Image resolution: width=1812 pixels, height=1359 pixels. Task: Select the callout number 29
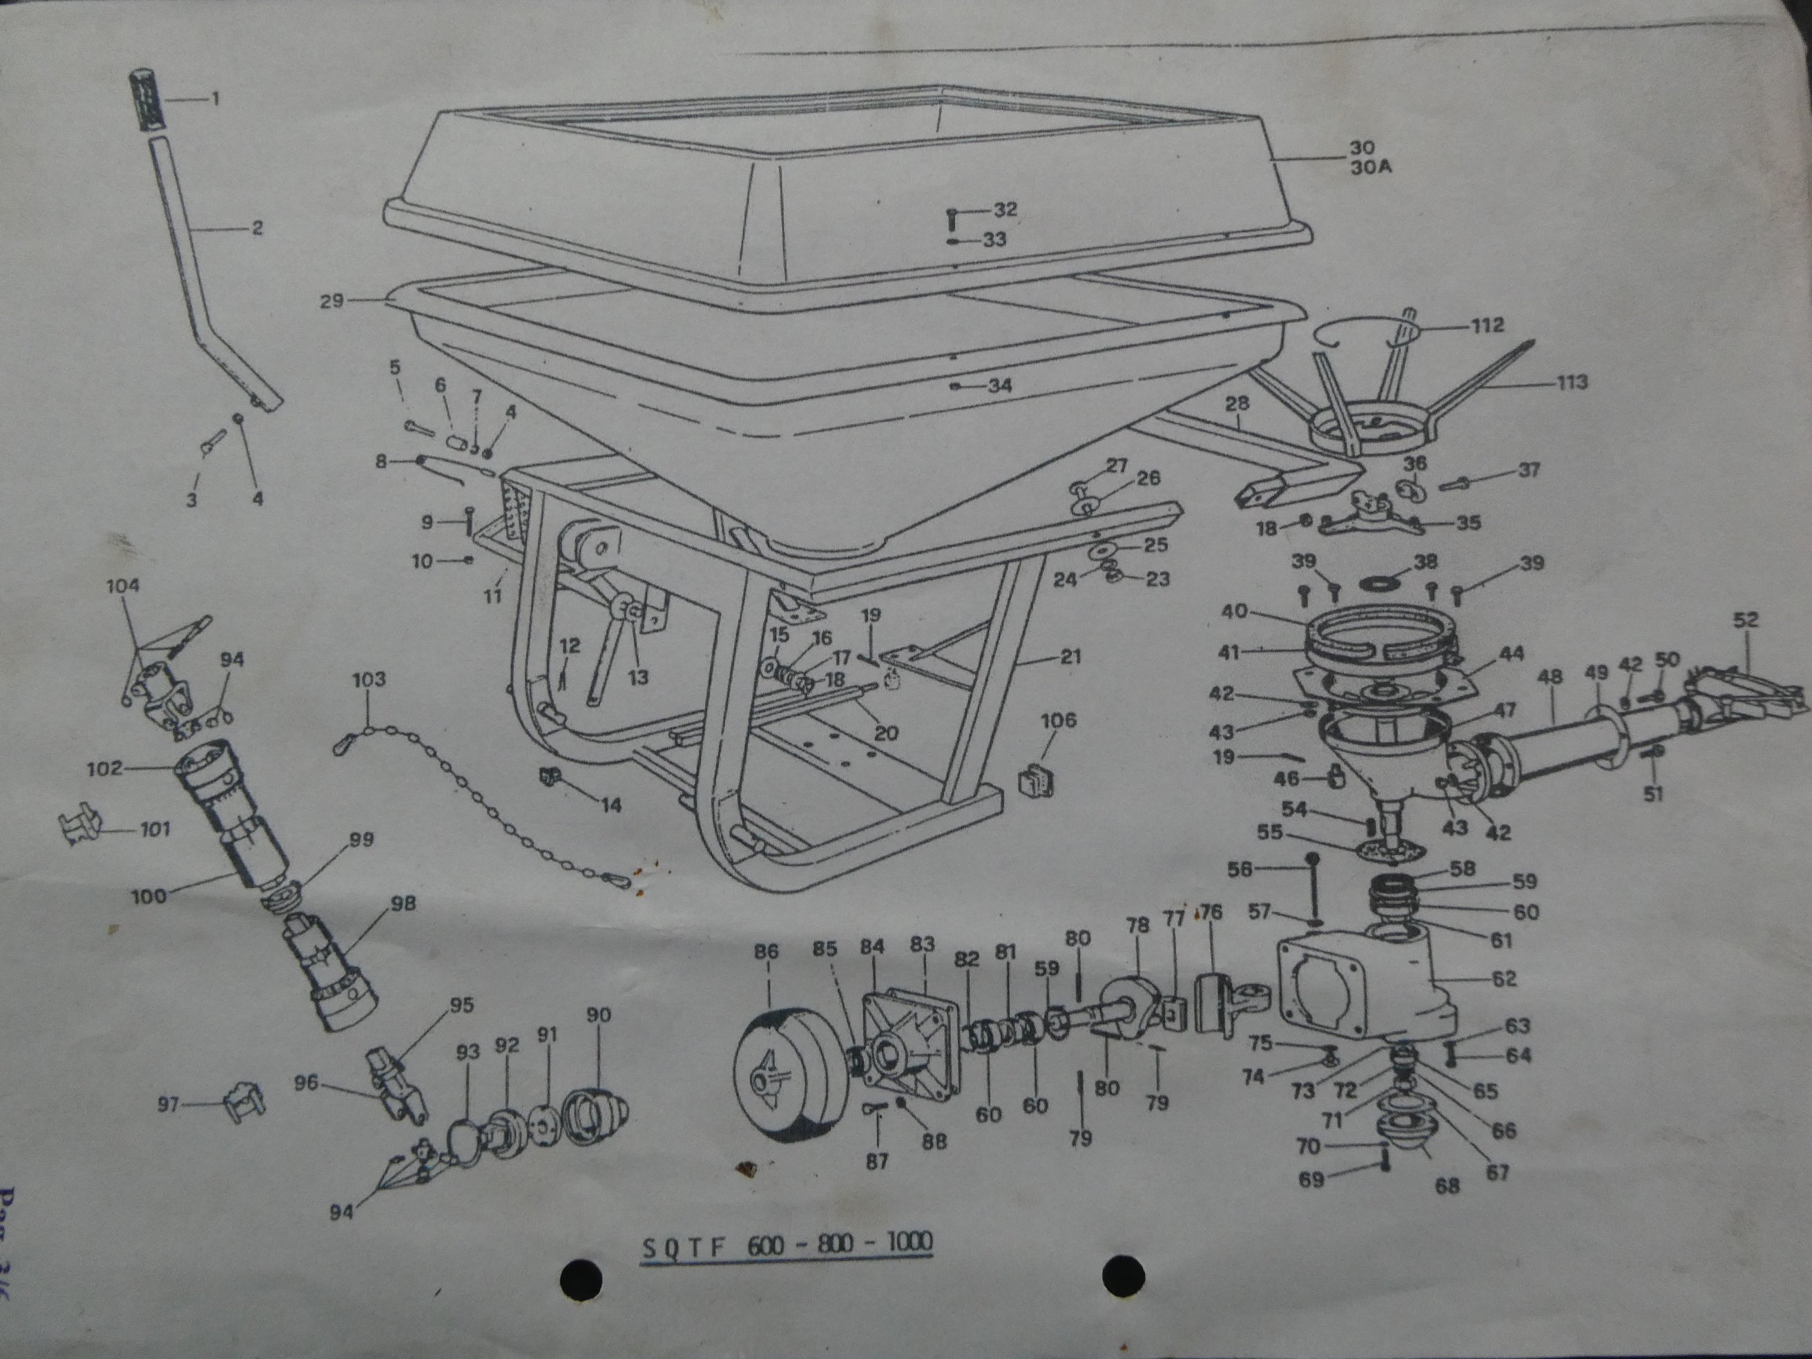pyautogui.click(x=331, y=302)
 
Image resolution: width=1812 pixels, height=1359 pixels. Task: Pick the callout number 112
pyautogui.click(x=1487, y=325)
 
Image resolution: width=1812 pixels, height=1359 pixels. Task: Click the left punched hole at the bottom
pyautogui.click(x=581, y=1276)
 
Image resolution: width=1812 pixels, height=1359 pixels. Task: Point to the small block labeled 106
pyautogui.click(x=1035, y=781)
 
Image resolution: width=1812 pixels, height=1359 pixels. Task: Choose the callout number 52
pyautogui.click(x=1746, y=619)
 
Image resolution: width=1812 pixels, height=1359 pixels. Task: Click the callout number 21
pyautogui.click(x=1070, y=656)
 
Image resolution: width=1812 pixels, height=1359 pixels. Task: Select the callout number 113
pyautogui.click(x=1572, y=382)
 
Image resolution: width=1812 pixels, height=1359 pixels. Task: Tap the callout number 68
pyautogui.click(x=1447, y=1186)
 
